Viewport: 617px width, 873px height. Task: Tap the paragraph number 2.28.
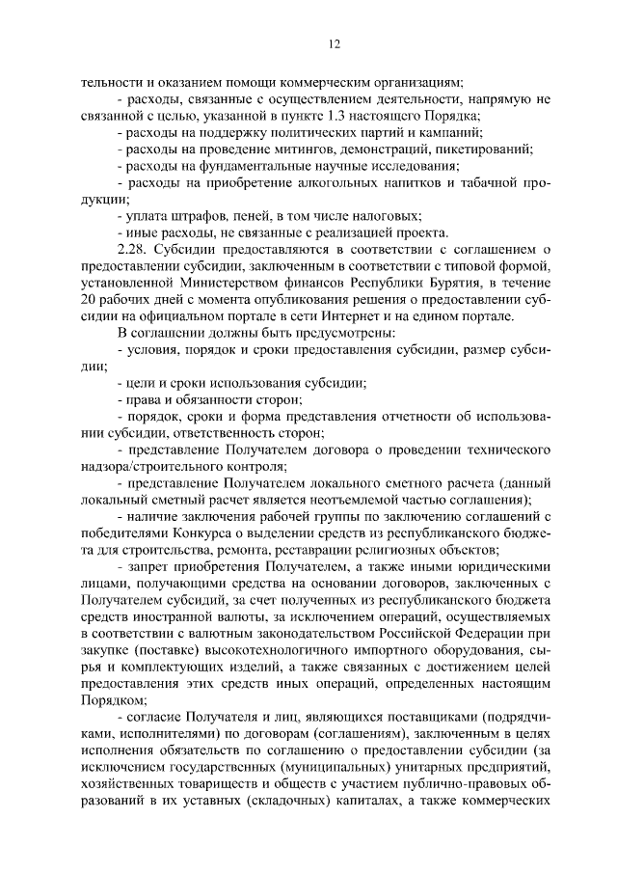pyautogui.click(x=131, y=250)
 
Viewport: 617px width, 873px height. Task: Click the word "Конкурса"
pyautogui.click(x=201, y=534)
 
